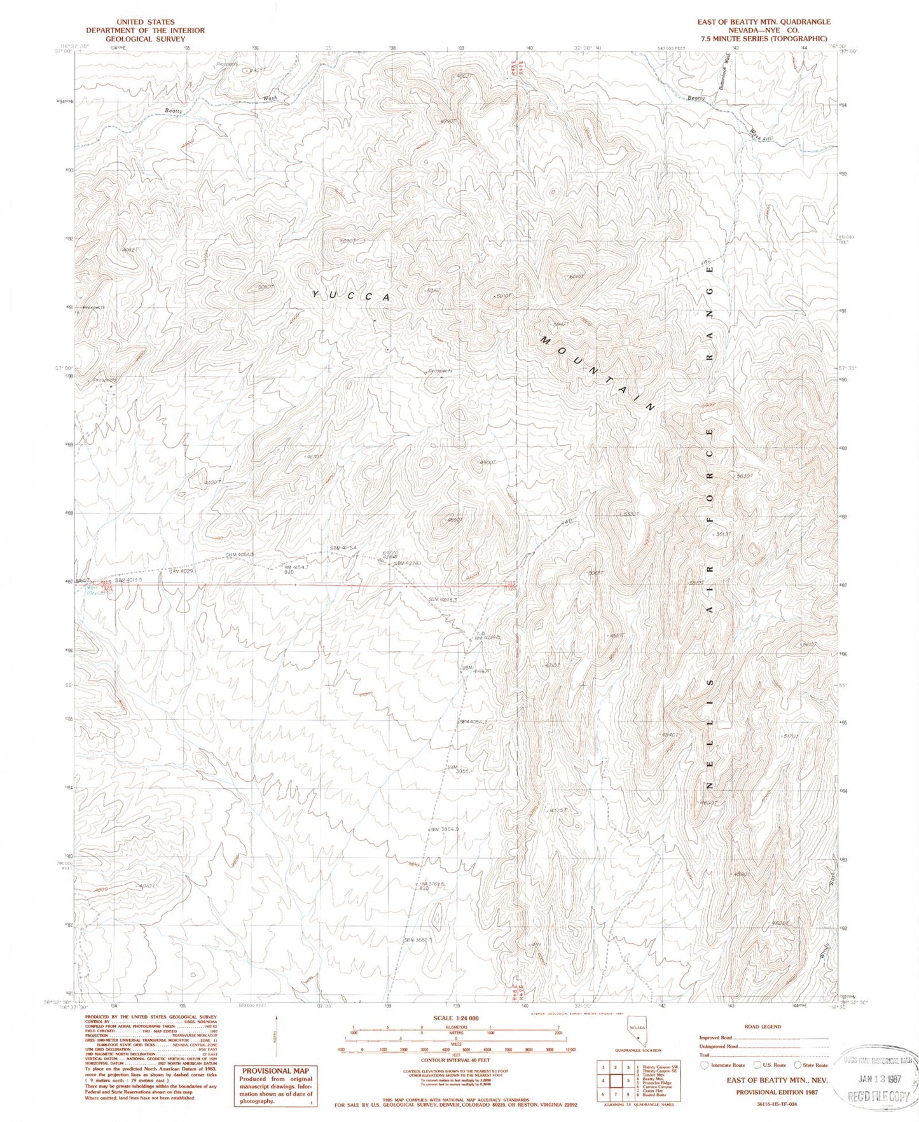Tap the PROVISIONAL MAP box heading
point(274,1070)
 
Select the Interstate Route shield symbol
point(704,1065)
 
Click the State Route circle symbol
point(798,1065)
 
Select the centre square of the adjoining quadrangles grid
point(615,1080)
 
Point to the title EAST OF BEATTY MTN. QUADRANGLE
point(763,22)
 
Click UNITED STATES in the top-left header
point(145,22)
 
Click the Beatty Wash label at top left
point(173,111)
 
